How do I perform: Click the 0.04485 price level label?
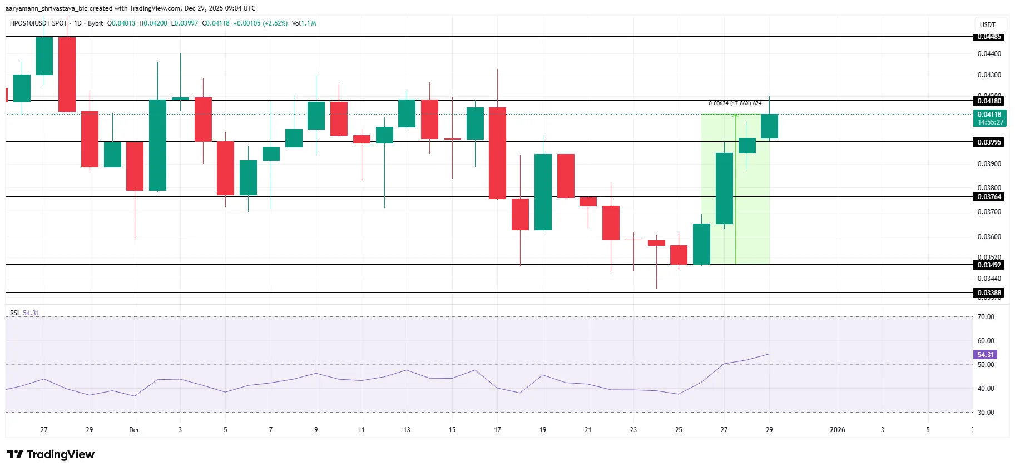point(989,37)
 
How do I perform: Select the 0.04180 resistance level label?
point(989,101)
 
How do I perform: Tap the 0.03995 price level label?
point(989,142)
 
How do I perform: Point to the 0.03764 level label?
point(989,196)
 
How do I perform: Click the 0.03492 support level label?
point(989,265)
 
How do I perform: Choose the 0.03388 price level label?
point(989,292)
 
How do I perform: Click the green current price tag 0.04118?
point(990,118)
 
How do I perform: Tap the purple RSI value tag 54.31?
point(985,354)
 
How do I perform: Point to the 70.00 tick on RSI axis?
point(986,317)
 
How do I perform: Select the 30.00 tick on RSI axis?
point(986,413)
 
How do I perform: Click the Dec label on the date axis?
point(135,430)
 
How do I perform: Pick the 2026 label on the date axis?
point(837,430)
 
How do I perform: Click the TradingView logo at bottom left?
point(51,454)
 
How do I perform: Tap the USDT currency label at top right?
point(987,25)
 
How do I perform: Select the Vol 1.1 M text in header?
point(304,23)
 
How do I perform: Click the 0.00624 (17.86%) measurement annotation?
point(735,103)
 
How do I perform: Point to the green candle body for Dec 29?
point(769,126)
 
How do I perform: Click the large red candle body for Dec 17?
point(497,153)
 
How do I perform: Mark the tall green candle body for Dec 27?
point(724,189)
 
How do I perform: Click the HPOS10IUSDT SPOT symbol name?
point(38,23)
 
